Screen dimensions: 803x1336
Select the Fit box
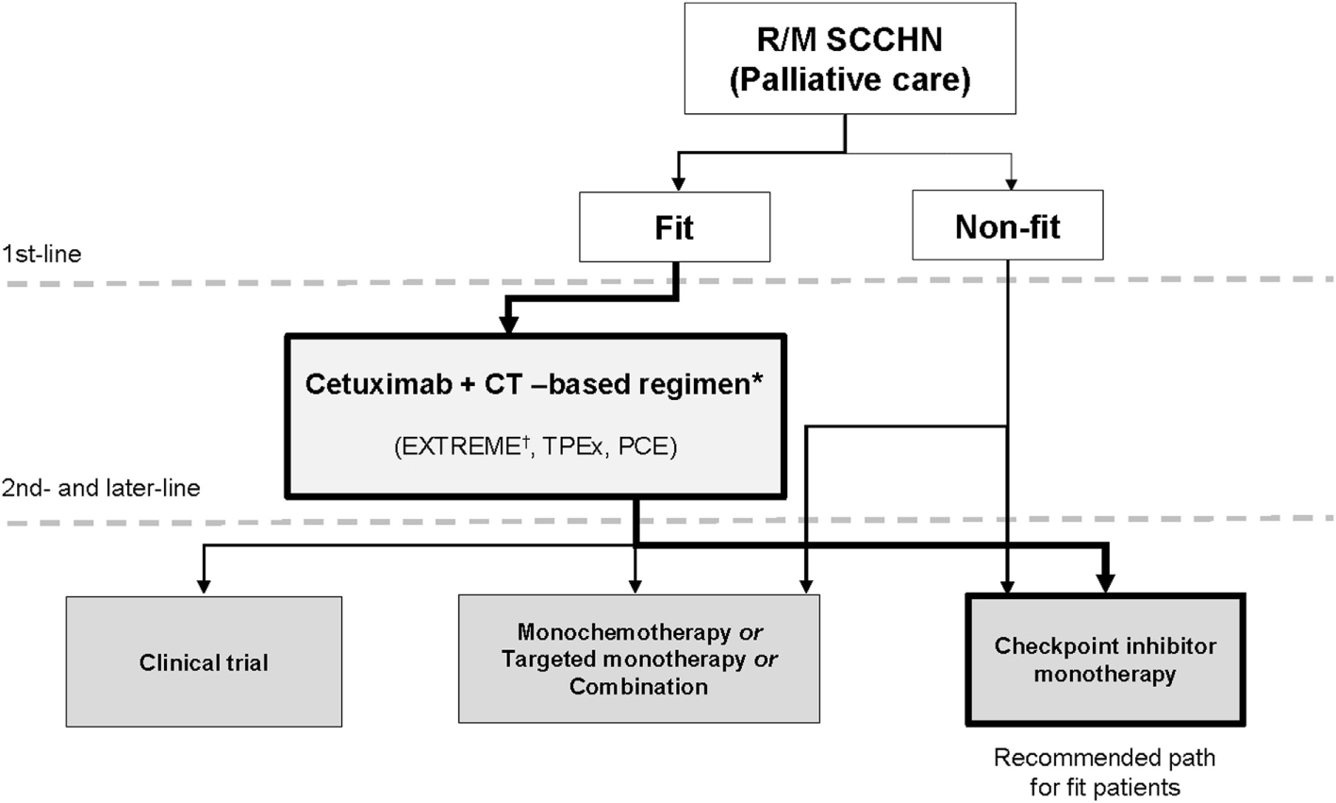[675, 227]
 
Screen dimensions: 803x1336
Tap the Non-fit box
[1007, 227]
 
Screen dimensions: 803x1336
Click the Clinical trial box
[204, 661]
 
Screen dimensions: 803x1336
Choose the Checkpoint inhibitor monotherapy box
[1104, 660]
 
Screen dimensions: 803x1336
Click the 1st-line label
[41, 254]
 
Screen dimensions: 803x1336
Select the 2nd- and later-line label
[100, 488]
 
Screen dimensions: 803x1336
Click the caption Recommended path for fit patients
[1104, 771]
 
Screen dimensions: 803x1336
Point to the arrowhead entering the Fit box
[675, 186]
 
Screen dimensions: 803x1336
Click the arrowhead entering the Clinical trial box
[203, 587]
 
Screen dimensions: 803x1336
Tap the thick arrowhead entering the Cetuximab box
[508, 325]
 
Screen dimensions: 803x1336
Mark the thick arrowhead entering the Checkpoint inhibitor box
[1105, 583]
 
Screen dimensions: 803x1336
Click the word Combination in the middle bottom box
[638, 686]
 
